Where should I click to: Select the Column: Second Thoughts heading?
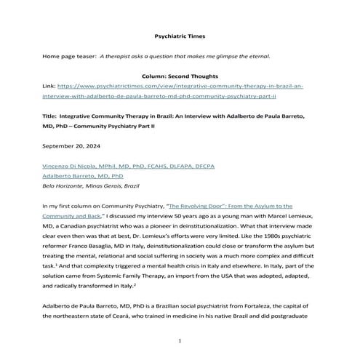coord(180,76)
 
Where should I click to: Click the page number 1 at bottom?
coord(180,340)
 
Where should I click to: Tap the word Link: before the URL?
coord(51,86)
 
